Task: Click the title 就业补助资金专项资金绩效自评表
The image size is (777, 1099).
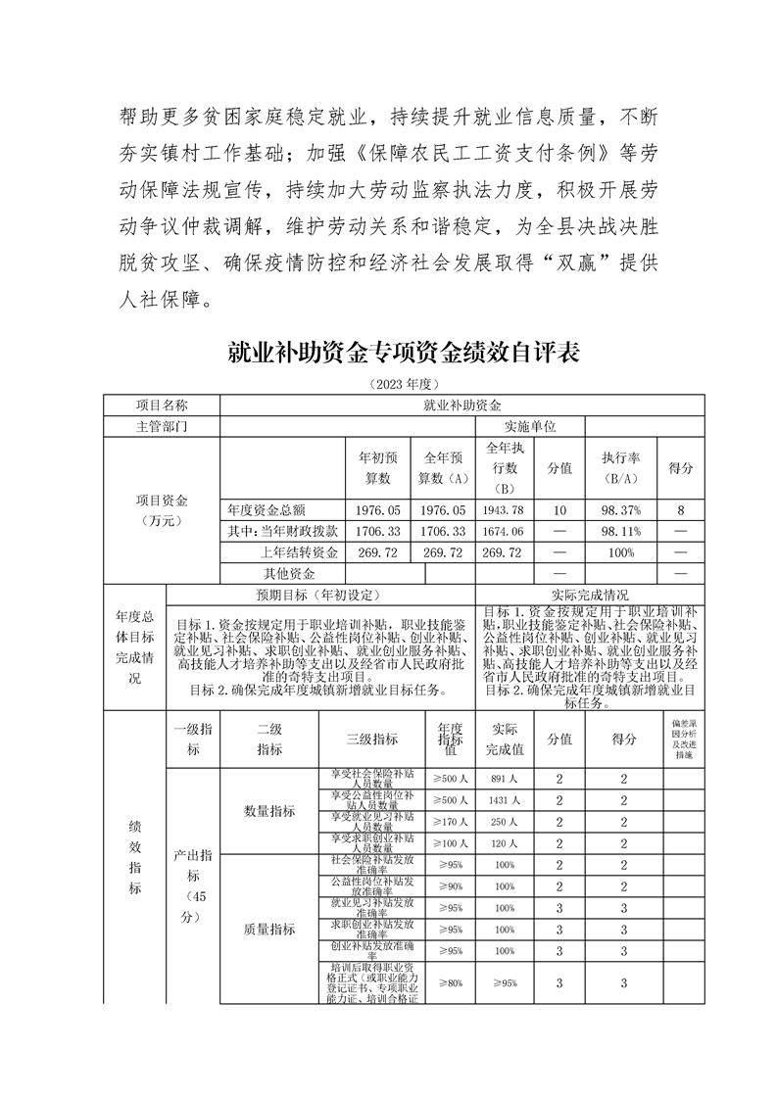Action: click(403, 353)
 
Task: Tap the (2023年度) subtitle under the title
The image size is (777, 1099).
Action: click(403, 383)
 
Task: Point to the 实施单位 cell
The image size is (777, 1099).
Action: click(529, 427)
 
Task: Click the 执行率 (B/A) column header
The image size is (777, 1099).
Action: click(620, 468)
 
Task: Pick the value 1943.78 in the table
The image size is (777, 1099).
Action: click(504, 510)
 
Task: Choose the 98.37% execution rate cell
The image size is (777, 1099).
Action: click(620, 510)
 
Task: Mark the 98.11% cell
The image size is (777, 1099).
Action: click(620, 531)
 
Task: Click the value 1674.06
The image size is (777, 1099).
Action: click(504, 531)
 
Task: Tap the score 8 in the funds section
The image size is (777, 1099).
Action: click(679, 510)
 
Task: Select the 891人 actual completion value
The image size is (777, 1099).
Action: click(505, 779)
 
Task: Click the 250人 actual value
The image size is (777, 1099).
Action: click(505, 822)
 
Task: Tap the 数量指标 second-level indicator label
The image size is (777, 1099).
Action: click(269, 811)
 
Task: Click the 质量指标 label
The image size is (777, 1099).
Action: click(269, 929)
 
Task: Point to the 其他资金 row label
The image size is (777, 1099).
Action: click(289, 573)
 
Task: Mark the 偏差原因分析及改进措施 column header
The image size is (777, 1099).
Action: click(682, 740)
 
